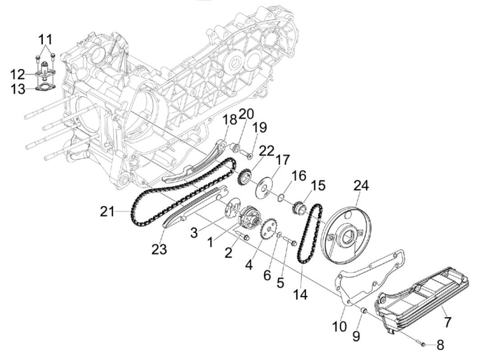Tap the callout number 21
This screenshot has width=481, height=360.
108,211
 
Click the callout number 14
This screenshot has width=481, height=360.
300,294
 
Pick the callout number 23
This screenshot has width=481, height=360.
159,249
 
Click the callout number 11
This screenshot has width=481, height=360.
46,39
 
